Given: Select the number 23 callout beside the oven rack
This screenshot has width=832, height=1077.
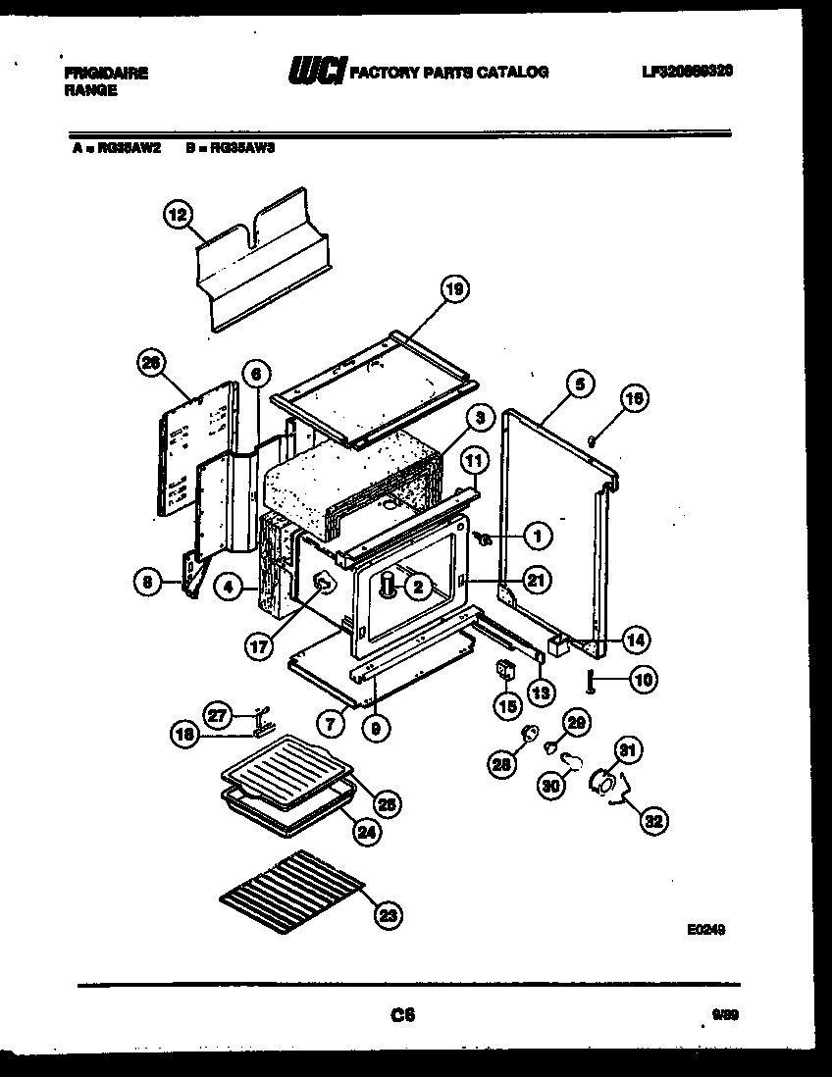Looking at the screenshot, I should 390,916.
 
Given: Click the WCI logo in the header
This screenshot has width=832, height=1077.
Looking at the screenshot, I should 316,72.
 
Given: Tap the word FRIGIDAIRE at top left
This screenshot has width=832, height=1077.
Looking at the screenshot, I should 105,72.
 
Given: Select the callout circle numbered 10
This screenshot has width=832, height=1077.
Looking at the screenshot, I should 644,679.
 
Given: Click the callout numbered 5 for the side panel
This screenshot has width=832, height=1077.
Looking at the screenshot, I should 579,385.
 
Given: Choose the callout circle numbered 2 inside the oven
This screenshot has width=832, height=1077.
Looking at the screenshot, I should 418,587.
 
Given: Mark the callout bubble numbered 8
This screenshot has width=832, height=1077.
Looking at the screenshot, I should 147,583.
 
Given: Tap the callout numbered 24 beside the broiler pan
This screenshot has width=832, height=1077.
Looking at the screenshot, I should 366,833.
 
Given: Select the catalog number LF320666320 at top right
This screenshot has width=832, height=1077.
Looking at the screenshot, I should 687,72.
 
